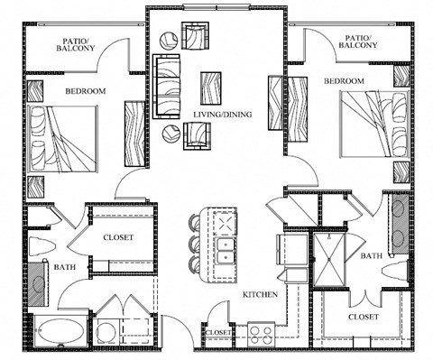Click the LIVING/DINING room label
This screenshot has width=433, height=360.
point(222,115)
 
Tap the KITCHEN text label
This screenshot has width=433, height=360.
point(259,295)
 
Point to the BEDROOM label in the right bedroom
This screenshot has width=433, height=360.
point(344,81)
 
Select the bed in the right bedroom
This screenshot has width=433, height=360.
point(370,126)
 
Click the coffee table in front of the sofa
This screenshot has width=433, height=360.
point(211,88)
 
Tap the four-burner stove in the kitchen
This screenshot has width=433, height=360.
point(261,334)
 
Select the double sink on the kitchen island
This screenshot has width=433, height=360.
point(221,245)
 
